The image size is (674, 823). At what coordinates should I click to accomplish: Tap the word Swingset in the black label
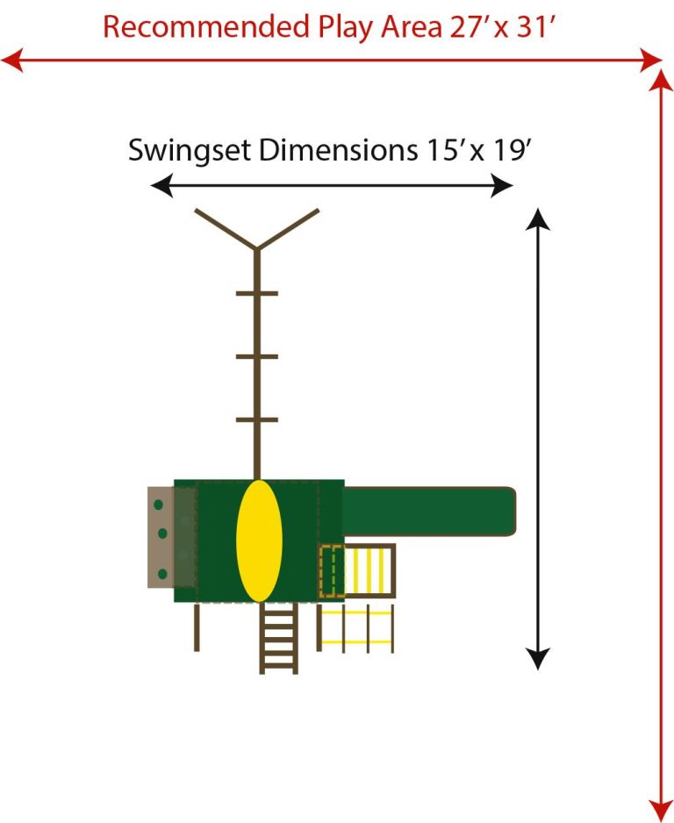189,150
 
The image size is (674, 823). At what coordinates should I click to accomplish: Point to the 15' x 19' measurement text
477,150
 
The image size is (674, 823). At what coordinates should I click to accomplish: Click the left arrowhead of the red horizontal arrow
11,61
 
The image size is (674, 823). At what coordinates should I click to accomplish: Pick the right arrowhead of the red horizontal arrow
652,61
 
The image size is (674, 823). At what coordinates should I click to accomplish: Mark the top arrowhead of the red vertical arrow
660,80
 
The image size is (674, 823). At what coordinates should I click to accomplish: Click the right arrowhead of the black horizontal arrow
503,185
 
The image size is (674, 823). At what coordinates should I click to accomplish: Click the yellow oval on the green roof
259,540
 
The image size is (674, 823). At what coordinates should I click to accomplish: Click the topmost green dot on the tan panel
160,505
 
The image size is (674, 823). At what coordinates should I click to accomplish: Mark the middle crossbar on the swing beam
256,356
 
